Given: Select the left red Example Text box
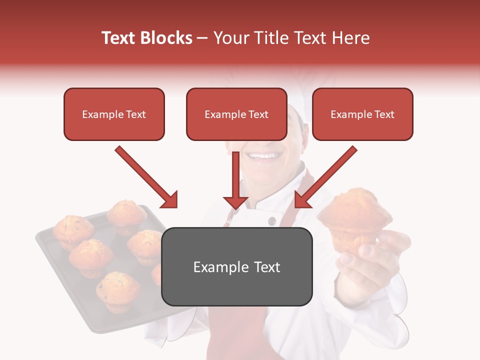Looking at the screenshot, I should (x=114, y=114).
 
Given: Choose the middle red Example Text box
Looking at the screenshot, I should (x=236, y=114).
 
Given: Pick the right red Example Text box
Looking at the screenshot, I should (x=362, y=114).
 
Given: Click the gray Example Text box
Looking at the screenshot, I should (x=236, y=266).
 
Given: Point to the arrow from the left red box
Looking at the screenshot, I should (x=146, y=177).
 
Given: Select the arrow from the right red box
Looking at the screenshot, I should (x=325, y=177).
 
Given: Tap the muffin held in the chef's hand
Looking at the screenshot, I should (x=354, y=215).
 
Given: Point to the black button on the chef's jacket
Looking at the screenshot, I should (x=271, y=221).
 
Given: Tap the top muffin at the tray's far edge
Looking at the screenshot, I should (x=126, y=214).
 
